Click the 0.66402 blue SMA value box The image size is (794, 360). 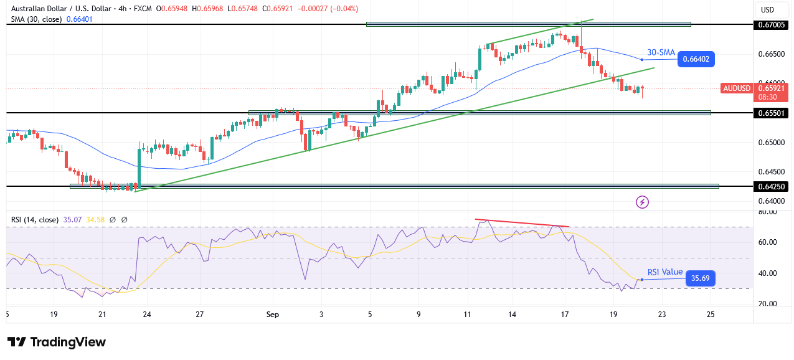coord(696,60)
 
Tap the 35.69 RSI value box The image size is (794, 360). coord(701,279)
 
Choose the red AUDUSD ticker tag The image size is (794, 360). coord(736,88)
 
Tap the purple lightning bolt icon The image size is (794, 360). coord(642,202)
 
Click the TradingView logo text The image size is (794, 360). coord(57,342)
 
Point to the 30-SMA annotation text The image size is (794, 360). coord(660,53)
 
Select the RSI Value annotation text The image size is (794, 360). coord(664,272)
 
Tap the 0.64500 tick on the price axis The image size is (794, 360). coord(772,172)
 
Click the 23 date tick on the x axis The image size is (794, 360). coord(662,315)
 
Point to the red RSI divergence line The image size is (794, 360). coord(522,223)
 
